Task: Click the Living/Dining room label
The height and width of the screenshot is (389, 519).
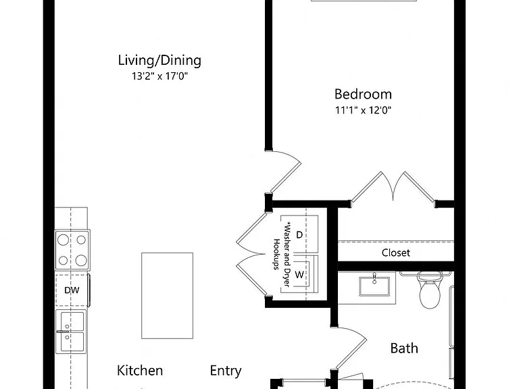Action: pyautogui.click(x=159, y=61)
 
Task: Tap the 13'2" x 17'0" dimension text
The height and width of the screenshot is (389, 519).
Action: pyautogui.click(x=159, y=76)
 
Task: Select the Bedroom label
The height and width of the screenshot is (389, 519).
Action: pyautogui.click(x=363, y=94)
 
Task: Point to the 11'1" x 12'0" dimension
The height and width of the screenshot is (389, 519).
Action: pyautogui.click(x=363, y=110)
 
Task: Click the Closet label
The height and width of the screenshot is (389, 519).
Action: pyautogui.click(x=395, y=253)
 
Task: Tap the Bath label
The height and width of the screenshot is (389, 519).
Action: pyautogui.click(x=404, y=348)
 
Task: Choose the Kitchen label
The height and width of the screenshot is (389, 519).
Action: pyautogui.click(x=140, y=371)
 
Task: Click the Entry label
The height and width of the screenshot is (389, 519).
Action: pyautogui.click(x=226, y=371)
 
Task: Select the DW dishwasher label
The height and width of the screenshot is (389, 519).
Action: pyautogui.click(x=72, y=290)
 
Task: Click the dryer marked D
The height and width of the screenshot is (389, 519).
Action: pyautogui.click(x=299, y=235)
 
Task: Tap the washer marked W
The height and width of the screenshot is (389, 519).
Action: pyautogui.click(x=299, y=274)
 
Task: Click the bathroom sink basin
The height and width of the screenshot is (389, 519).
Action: pyautogui.click(x=374, y=286)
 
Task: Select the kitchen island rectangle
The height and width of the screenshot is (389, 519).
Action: pyautogui.click(x=167, y=296)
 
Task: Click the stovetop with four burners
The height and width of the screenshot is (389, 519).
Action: pyautogui.click(x=72, y=250)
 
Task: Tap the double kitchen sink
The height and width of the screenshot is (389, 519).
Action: pyautogui.click(x=71, y=332)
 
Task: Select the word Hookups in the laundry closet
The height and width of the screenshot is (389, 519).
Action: pyautogui.click(x=276, y=255)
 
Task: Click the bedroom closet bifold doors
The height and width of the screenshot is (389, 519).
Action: pyautogui.click(x=393, y=187)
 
